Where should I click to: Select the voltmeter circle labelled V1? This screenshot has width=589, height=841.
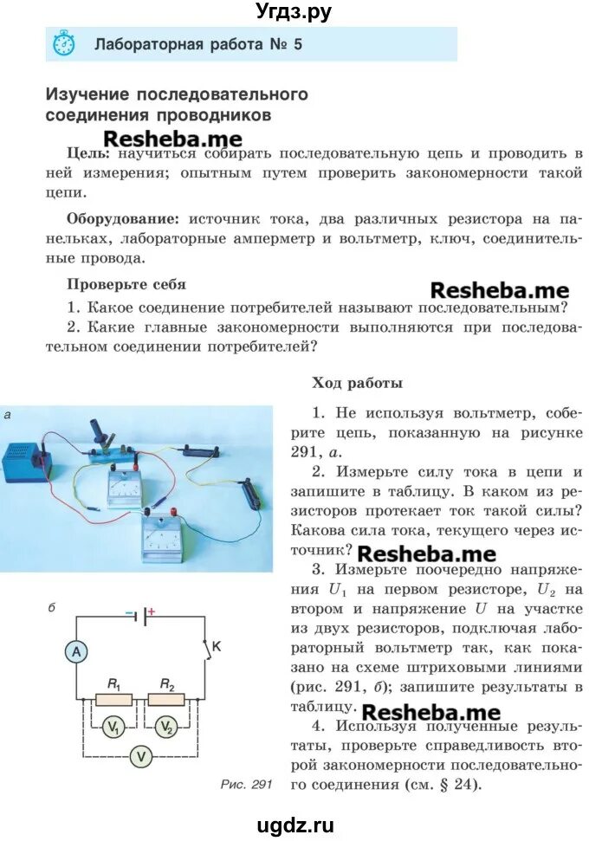113,728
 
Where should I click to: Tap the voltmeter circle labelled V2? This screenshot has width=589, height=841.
167,728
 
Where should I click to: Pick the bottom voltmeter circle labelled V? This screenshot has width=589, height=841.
140,757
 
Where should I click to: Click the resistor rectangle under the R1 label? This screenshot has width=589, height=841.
113,699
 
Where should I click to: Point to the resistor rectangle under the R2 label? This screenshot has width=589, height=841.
166,699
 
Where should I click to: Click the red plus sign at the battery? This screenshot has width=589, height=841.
151,612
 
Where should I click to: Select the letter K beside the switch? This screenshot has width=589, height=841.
217,645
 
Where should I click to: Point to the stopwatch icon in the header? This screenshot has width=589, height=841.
63,43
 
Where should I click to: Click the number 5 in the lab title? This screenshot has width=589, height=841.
298,43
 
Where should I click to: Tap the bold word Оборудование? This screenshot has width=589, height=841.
123,219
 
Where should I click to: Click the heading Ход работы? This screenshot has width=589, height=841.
357,382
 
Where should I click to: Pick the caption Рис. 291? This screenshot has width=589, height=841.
247,785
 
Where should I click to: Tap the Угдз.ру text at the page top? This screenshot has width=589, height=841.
294,11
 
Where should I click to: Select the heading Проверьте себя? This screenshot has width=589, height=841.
126,283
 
